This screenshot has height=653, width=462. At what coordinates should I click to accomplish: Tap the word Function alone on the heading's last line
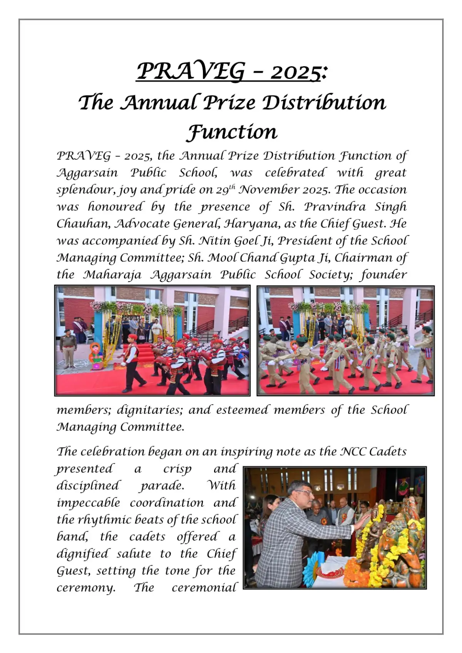tap(232, 132)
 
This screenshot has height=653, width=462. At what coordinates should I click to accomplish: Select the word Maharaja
tap(112, 274)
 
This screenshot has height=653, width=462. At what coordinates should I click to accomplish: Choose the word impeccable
tap(88, 503)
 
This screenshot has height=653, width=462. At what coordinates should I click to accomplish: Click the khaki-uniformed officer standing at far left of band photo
tap(68, 348)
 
